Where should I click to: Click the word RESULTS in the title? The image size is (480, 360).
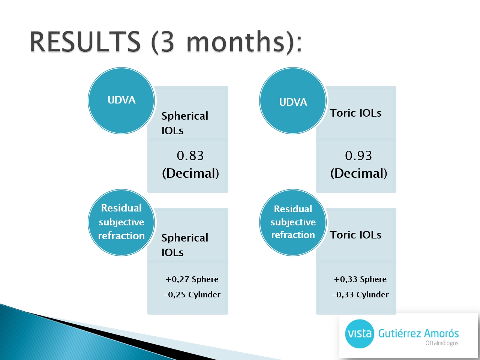click(x=85, y=42)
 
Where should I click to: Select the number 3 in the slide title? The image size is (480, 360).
click(x=168, y=42)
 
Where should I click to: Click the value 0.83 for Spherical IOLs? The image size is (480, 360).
click(x=190, y=156)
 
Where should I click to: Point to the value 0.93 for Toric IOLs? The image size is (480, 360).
click(x=358, y=156)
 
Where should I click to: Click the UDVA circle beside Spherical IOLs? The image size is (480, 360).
click(x=121, y=100)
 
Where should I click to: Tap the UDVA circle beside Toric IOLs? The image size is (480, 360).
click(x=293, y=100)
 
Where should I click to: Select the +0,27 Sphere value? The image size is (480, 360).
click(x=192, y=279)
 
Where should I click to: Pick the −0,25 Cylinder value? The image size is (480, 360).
click(x=192, y=295)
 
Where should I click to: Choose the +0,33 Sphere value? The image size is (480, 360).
click(x=360, y=279)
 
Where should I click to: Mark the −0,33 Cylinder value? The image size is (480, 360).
click(x=360, y=295)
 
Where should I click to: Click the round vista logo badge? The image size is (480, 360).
click(x=360, y=334)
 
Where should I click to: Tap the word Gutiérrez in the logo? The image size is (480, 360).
click(x=399, y=334)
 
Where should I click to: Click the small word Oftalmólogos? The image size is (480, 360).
click(x=442, y=343)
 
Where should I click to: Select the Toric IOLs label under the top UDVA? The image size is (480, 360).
click(x=355, y=113)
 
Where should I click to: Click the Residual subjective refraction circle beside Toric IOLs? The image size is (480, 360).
click(x=293, y=222)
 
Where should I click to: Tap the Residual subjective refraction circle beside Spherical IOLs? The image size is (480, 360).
click(x=121, y=222)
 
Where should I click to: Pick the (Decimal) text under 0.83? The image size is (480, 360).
click(x=190, y=173)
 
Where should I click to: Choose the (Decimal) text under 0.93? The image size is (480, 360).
click(x=358, y=173)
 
